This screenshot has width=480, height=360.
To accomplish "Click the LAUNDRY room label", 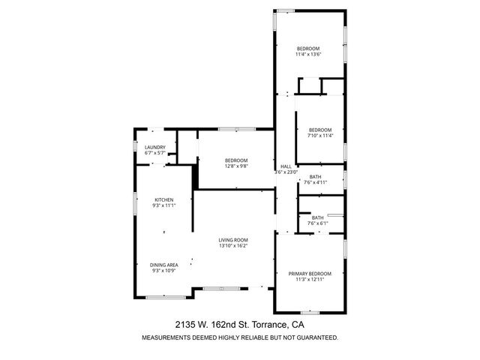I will (155, 147).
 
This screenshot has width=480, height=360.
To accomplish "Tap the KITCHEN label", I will (164, 199).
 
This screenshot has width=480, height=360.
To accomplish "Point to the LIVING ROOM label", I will (233, 239).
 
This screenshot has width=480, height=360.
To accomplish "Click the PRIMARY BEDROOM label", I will (310, 273).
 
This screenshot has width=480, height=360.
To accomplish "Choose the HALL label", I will (285, 166).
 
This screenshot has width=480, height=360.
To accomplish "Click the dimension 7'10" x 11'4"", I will (319, 136).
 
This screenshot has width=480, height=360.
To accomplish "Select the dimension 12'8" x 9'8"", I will (236, 166).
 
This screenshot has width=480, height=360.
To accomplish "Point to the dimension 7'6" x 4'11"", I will (316, 182).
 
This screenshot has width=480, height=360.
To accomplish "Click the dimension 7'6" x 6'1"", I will (318, 223).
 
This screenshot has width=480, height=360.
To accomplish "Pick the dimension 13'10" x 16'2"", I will (233, 245).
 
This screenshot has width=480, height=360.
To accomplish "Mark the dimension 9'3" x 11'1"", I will (163, 205).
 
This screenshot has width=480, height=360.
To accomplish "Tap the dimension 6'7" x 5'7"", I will (155, 153).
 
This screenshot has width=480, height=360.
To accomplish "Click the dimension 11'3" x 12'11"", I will (310, 279).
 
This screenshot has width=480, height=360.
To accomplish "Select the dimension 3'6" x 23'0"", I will (286, 172).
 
